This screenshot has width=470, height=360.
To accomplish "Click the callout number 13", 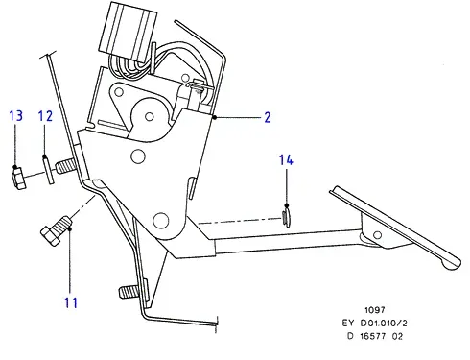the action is (x=16, y=115).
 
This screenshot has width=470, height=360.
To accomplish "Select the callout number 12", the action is (x=45, y=116).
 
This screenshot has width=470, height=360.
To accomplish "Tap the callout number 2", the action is (x=268, y=117).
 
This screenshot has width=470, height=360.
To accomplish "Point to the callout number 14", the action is (x=286, y=160).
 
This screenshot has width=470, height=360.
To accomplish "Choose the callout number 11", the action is (x=71, y=302).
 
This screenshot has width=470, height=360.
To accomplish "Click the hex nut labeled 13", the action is (x=18, y=179).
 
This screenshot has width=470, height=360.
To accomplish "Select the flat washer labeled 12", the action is (x=48, y=170).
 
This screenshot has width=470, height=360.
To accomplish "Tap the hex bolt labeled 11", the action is (x=57, y=230).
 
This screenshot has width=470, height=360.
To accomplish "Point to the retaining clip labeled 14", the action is (x=287, y=217).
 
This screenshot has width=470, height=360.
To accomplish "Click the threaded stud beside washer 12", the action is (x=65, y=167).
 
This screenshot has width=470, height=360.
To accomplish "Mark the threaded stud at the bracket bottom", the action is (x=129, y=292).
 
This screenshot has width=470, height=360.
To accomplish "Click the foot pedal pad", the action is (x=395, y=228).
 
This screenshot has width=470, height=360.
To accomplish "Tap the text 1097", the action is (x=375, y=310).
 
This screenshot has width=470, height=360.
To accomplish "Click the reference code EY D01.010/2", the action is (x=374, y=324).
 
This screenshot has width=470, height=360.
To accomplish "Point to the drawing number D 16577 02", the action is (x=375, y=336).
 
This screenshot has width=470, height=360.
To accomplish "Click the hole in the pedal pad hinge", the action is (x=377, y=235).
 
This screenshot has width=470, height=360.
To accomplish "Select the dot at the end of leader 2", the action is (x=215, y=117).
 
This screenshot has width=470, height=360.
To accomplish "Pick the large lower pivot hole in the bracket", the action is (x=161, y=220).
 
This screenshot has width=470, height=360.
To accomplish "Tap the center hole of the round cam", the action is (x=149, y=116).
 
